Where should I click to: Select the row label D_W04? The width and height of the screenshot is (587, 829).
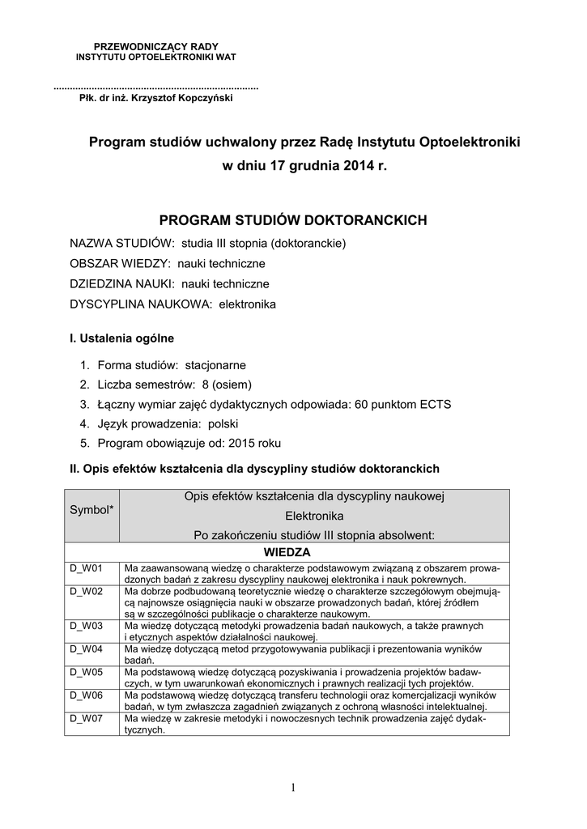[85, 649]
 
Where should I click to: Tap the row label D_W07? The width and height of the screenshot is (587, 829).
[85, 718]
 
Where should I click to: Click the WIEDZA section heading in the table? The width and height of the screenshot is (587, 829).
[287, 551]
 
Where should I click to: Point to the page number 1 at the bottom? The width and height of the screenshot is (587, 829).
[292, 788]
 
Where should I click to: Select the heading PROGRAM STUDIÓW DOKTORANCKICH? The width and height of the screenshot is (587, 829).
[292, 220]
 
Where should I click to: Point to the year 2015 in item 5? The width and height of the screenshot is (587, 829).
[245, 443]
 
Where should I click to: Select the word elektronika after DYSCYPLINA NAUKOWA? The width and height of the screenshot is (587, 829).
[246, 304]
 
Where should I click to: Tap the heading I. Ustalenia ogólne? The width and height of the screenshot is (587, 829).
[122, 338]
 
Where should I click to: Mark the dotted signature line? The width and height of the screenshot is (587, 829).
[155, 86]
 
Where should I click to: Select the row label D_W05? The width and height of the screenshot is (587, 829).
[85, 672]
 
